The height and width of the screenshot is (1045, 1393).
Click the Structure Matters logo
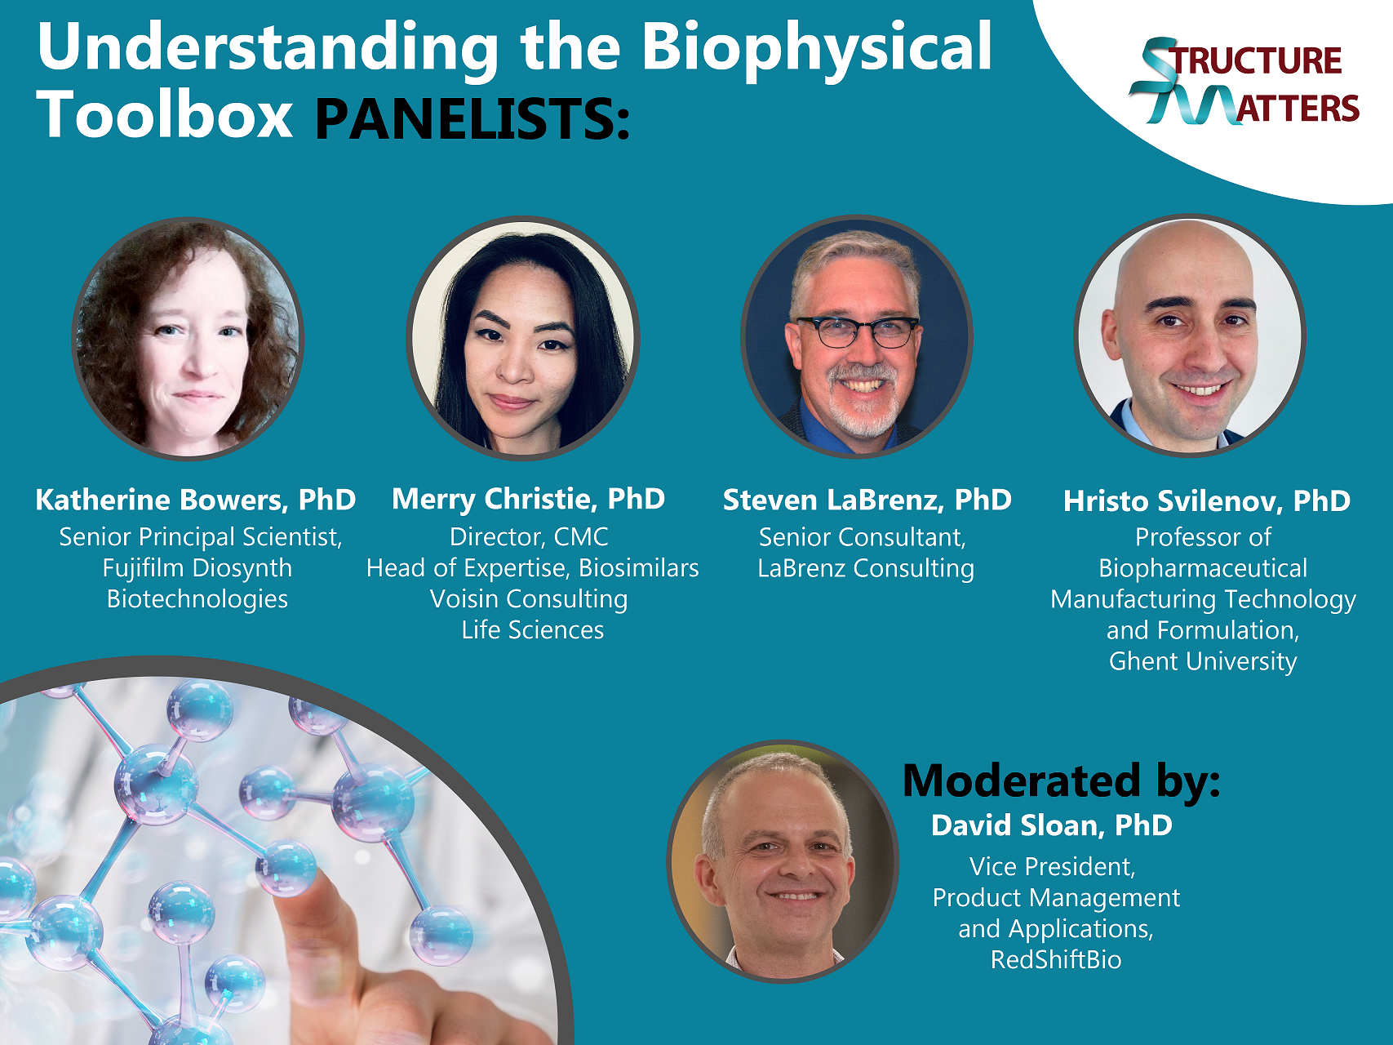click(1244, 82)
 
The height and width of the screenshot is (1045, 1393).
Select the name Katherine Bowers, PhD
click(196, 500)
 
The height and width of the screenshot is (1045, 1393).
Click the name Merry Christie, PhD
click(529, 499)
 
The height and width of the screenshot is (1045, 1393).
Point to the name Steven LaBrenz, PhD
click(867, 500)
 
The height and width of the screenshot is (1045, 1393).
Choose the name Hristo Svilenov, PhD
click(1207, 500)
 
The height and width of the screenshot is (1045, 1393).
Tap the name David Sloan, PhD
click(1052, 825)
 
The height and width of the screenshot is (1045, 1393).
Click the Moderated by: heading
click(1062, 780)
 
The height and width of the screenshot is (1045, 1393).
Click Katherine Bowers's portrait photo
click(188, 339)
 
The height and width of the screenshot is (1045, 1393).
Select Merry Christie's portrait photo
click(523, 338)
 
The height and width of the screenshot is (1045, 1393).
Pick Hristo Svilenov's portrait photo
click(1190, 336)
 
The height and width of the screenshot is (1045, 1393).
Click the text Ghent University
click(1203, 661)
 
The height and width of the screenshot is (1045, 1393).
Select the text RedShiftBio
click(1056, 959)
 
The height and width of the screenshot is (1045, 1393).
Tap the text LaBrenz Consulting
click(866, 568)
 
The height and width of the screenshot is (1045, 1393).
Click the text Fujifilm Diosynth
click(197, 568)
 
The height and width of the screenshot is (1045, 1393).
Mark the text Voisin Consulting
click(529, 599)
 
